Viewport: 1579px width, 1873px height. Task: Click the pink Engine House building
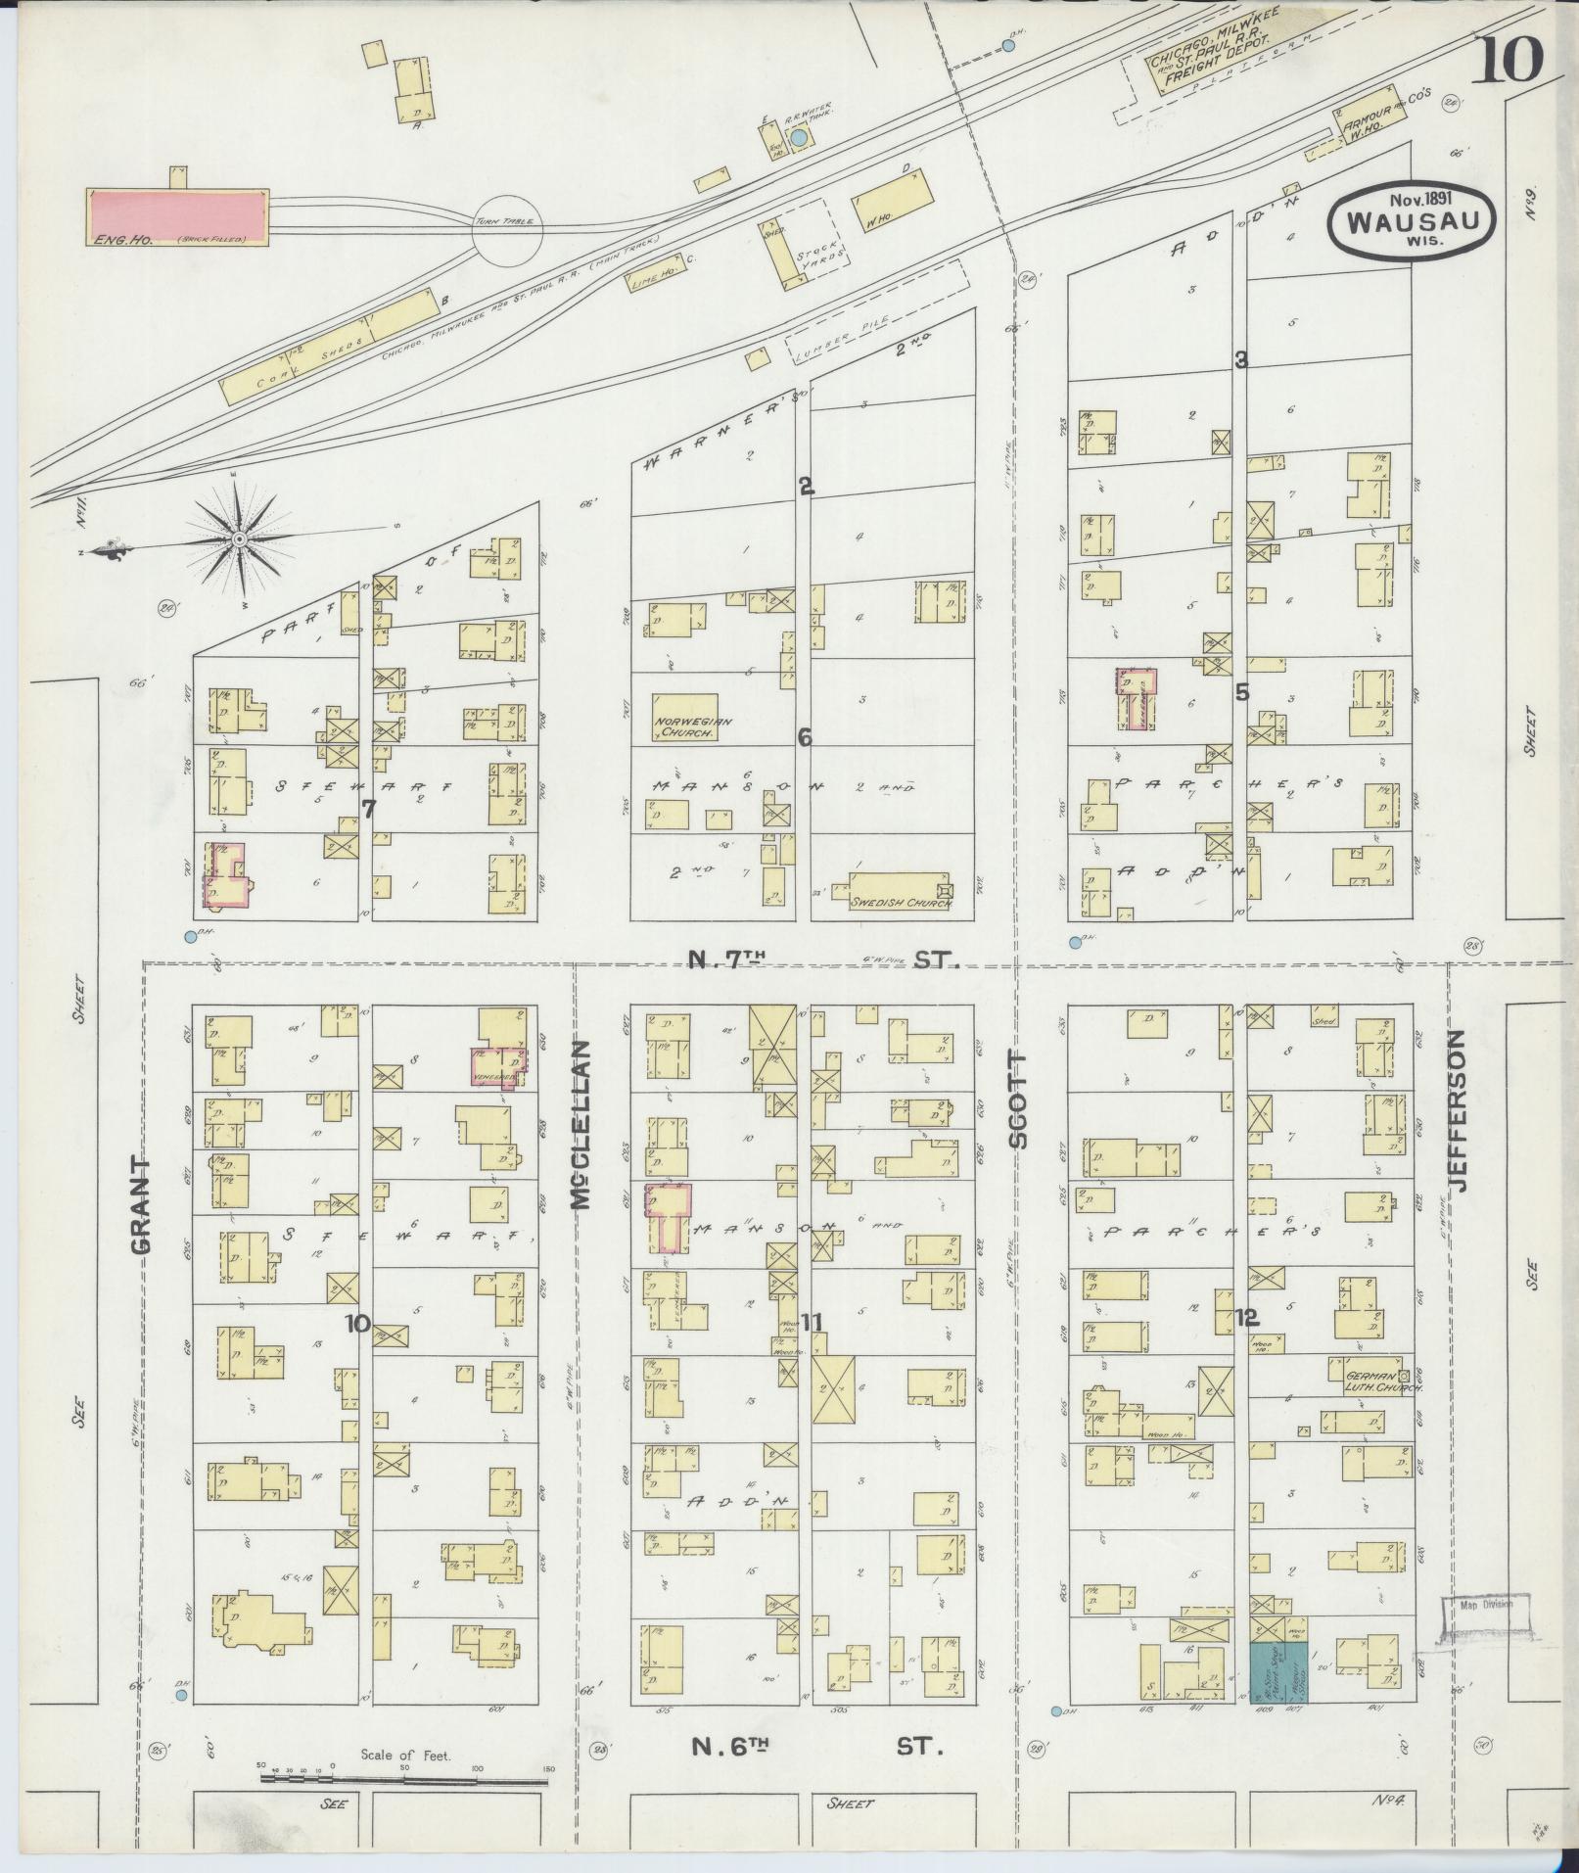pyautogui.click(x=177, y=217)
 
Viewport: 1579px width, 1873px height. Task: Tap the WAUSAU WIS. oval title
pyautogui.click(x=1411, y=224)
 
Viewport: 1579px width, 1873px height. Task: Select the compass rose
pyautogui.click(x=239, y=538)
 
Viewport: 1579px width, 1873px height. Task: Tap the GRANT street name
pyautogui.click(x=140, y=1204)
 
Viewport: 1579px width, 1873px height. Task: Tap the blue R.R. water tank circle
pyautogui.click(x=800, y=139)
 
